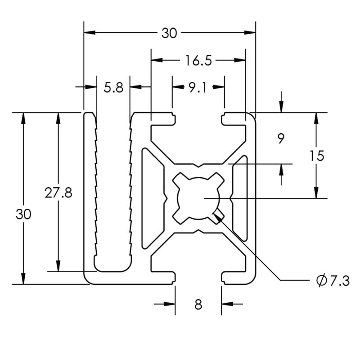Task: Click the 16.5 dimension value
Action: pos(198,60)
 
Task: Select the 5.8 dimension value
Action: pos(113,87)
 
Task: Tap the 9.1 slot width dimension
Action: pos(198,87)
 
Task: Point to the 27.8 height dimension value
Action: pos(58,193)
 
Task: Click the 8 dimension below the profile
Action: pos(198,305)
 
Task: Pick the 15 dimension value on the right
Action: pos(317,156)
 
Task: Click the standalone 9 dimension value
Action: pos(281,139)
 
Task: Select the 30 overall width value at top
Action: pos(169,33)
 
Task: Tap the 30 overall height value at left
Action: pos(23,214)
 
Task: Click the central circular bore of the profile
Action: pos(198,198)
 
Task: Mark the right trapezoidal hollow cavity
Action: pos(240,198)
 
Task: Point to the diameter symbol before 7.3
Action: pos(321,281)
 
